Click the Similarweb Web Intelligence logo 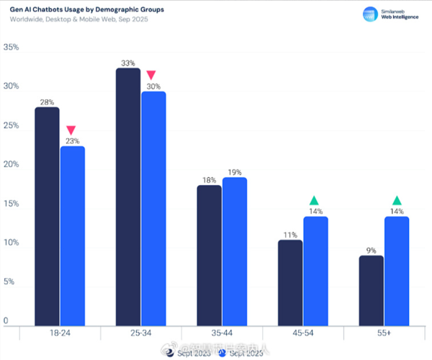[392, 16]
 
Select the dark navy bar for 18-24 [47, 216]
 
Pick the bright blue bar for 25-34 [153, 209]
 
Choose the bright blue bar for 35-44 [235, 251]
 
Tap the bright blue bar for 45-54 [315, 270]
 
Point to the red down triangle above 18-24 [71, 130]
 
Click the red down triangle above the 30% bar [151, 75]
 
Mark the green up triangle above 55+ [396, 200]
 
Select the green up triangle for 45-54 [314, 200]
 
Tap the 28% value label [47, 102]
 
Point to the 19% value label [235, 172]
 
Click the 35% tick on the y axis [12, 48]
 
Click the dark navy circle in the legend [162, 352]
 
